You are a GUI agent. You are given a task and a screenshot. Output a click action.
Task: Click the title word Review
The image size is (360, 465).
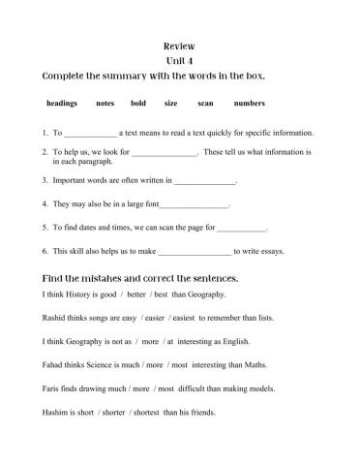click(x=180, y=46)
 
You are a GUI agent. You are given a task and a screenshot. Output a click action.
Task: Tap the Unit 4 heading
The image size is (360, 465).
click(x=180, y=60)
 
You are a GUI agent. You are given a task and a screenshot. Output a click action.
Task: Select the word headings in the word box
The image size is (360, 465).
click(x=62, y=103)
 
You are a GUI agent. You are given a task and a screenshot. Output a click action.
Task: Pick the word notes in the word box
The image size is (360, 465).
click(x=105, y=103)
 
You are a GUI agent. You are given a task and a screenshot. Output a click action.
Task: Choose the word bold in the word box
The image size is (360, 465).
click(x=138, y=103)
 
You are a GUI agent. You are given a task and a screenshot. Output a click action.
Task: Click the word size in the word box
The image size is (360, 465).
click(x=170, y=103)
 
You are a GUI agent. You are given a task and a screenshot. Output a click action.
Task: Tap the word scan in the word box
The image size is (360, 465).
click(x=205, y=103)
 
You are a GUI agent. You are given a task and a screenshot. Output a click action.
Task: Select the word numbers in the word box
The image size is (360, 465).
click(x=249, y=103)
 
